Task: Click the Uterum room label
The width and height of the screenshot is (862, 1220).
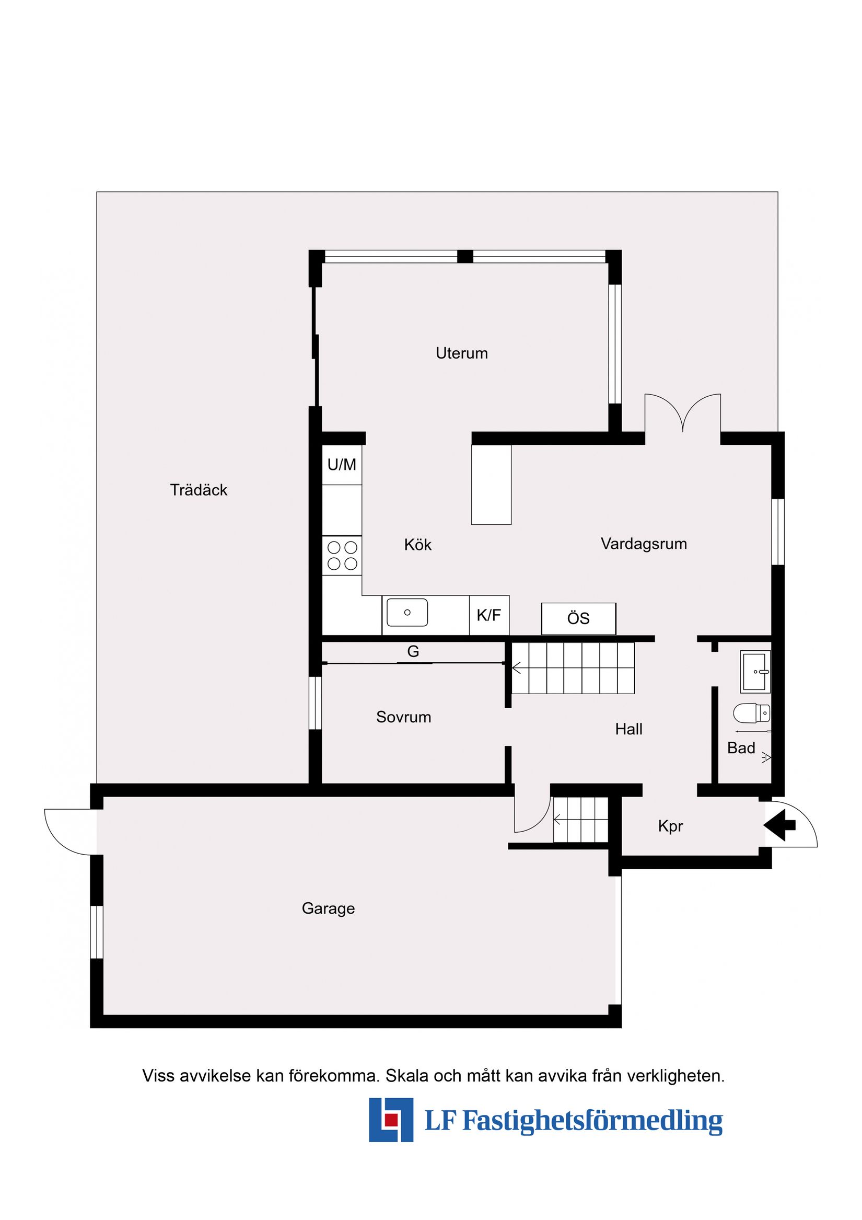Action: point(461,353)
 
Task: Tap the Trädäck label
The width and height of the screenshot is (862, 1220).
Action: point(199,490)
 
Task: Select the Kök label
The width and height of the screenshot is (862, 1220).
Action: point(417,545)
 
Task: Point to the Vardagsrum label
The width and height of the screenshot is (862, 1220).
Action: point(644,544)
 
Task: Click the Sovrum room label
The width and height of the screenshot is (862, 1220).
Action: point(403,717)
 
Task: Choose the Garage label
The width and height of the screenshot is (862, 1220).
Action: point(328,908)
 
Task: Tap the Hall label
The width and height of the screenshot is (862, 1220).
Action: point(629,729)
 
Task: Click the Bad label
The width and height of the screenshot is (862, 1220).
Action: point(741,748)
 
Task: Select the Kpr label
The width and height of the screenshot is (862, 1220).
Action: point(670,826)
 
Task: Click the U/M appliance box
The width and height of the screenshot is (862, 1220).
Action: point(342,465)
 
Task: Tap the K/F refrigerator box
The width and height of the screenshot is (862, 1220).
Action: point(488,615)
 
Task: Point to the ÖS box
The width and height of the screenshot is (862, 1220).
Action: point(578,618)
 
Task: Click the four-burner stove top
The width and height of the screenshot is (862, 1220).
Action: point(342,555)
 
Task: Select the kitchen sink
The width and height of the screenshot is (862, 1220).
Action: point(407,613)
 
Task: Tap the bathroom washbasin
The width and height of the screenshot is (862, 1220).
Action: point(755,672)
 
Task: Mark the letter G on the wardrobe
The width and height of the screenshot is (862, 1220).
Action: point(413,651)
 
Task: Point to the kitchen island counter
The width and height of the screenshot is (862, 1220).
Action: point(491,485)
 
